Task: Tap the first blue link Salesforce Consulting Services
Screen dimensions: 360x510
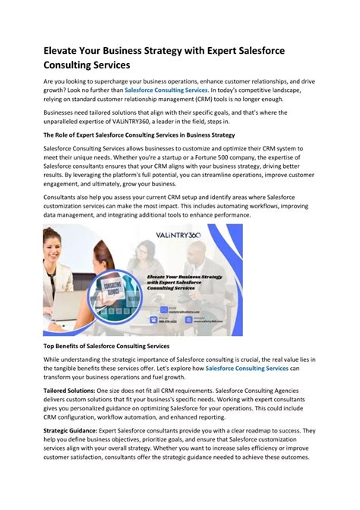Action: [x=165, y=90]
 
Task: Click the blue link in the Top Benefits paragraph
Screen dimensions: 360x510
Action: [x=247, y=368]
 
